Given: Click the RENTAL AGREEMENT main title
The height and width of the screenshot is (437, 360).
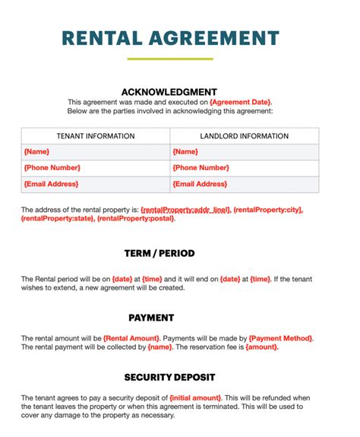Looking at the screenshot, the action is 170,37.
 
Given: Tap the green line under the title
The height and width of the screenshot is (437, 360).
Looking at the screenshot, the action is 170,59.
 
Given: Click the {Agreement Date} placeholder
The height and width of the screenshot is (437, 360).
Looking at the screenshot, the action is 240,102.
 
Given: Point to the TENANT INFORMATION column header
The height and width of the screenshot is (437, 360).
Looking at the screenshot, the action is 96,136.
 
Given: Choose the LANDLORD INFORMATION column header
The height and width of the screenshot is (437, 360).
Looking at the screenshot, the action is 245,136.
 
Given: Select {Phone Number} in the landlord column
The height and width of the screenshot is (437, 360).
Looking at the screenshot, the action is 201,168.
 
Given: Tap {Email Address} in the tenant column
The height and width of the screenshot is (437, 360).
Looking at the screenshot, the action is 51,184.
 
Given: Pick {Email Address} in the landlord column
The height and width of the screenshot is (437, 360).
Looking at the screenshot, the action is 200,184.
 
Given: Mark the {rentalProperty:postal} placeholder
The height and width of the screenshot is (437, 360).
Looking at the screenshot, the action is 137,218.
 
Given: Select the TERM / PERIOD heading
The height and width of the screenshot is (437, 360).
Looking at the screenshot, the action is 159,253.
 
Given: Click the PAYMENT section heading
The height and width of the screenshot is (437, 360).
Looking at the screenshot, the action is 151,318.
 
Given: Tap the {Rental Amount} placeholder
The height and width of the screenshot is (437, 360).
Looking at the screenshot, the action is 131,338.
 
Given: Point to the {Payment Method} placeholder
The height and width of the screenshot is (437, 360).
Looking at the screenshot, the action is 280,338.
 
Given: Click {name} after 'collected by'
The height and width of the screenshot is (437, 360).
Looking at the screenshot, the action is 159,347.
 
